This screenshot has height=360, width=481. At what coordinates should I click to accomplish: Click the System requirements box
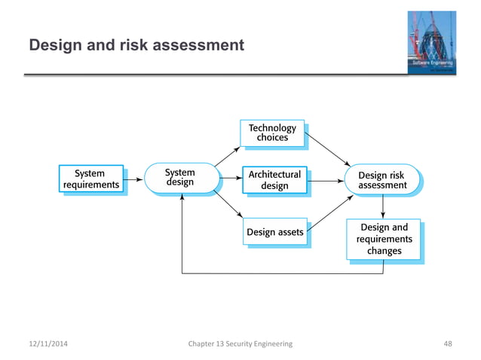coord(91,180)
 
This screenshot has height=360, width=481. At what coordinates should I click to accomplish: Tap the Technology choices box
coord(273,133)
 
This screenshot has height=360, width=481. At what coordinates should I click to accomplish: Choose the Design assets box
coord(274,232)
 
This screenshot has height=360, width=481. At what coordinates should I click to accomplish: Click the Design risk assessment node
coord(382,180)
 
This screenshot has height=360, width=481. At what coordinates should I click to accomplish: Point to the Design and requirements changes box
coord(384,239)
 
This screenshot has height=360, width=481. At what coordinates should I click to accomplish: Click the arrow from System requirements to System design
coord(133,180)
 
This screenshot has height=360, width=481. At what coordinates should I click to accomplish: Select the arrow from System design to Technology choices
coord(225,155)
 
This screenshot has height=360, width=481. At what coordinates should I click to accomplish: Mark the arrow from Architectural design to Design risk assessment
coord(326,180)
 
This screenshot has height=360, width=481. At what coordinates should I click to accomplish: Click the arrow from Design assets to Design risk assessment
coord(329,213)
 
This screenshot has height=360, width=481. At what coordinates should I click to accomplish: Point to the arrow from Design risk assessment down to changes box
coord(383,206)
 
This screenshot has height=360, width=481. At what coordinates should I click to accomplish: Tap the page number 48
coord(448,343)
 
